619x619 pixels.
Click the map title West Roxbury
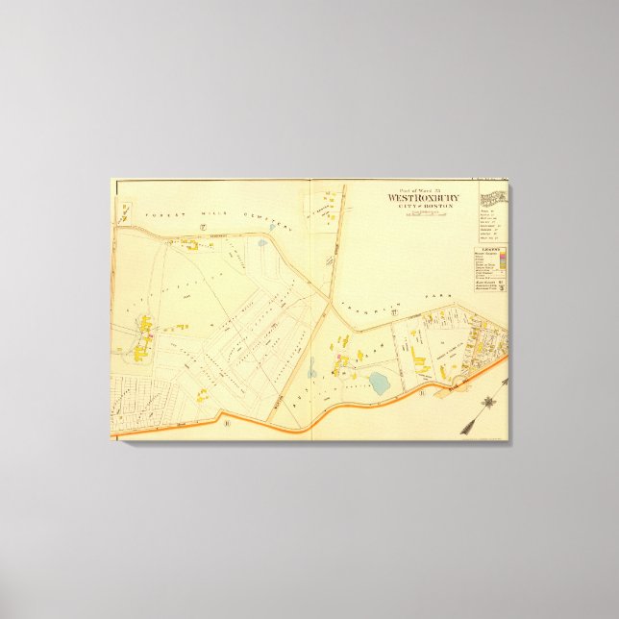coord(423,198)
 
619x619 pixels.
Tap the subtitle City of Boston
coord(423,207)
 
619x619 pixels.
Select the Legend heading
coord(490,247)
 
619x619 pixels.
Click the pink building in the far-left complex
coord(149,336)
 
